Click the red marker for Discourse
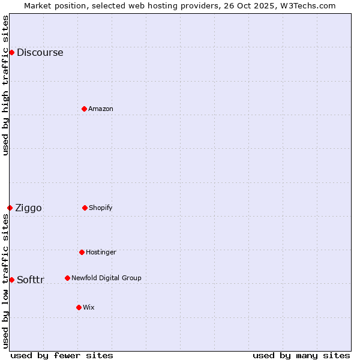point(11,52)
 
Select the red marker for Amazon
point(84,109)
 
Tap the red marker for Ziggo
point(10,208)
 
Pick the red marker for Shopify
point(85,208)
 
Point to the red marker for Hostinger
point(82,252)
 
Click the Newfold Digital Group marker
point(67,278)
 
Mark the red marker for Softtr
point(11,280)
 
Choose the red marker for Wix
point(79,307)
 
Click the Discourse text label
point(40,52)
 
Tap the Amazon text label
point(101,109)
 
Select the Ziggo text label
point(28,208)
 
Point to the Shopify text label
point(101,208)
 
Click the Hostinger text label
point(101,252)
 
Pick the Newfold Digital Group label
point(106,278)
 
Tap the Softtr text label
point(31,280)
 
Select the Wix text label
point(89,307)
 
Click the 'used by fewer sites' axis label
point(62,355)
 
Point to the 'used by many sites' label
point(301,355)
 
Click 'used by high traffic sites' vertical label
point(5,85)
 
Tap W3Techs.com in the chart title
point(305,5)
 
